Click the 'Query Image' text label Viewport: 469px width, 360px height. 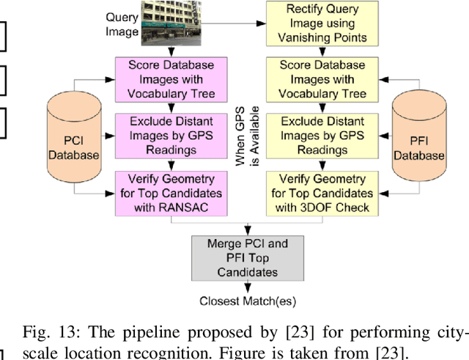(122, 24)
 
